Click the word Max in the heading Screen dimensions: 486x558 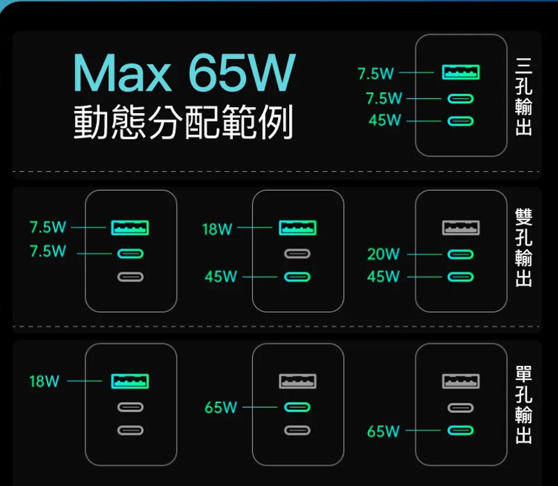(x=122, y=74)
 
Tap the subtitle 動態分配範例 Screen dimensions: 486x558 (x=183, y=123)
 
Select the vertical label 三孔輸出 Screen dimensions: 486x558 (x=523, y=96)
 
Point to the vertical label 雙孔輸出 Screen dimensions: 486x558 (x=523, y=249)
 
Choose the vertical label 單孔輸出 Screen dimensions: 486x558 (x=523, y=405)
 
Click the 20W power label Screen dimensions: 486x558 (x=383, y=254)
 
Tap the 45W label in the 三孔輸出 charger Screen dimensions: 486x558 (x=384, y=121)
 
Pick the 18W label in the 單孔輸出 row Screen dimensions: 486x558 (x=44, y=381)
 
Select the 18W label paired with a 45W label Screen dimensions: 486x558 (x=217, y=229)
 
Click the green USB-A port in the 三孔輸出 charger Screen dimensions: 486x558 (x=461, y=73)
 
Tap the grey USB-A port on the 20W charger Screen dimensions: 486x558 (x=461, y=228)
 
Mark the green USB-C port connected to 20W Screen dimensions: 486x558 (x=461, y=254)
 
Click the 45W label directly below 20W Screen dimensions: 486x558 (x=383, y=277)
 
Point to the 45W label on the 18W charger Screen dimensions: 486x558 (x=221, y=277)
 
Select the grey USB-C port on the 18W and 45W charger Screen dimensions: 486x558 (x=297, y=254)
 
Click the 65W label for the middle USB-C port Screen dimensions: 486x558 (x=221, y=408)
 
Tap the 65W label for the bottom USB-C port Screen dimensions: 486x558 (x=383, y=431)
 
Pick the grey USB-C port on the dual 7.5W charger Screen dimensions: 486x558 (x=131, y=277)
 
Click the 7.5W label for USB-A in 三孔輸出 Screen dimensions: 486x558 (x=376, y=74)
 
